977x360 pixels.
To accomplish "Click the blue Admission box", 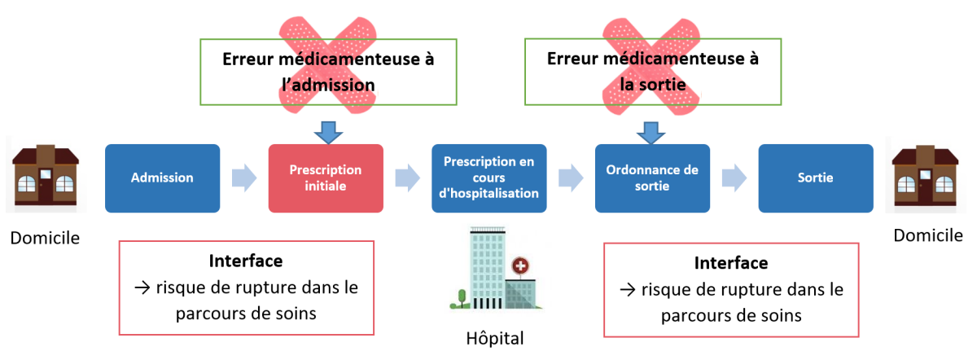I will pos(163,178).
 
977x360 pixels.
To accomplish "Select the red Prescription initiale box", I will pos(326,178).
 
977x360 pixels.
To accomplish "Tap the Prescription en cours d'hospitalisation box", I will pos(489,178).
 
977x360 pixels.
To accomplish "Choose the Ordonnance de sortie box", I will pos(652,178).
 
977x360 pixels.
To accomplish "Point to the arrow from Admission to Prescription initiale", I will pos(243,178).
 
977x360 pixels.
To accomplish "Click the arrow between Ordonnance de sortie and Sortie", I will pos(734,178).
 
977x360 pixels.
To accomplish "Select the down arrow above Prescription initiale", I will pos(328,130).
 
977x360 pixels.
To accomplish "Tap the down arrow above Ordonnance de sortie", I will pos(651,130).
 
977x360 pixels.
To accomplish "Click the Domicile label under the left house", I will pos(45,238).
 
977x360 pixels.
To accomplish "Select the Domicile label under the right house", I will pos(927,235).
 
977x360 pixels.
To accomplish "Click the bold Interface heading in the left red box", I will pos(246,261).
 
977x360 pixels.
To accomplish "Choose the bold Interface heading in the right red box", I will pos(730,263).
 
